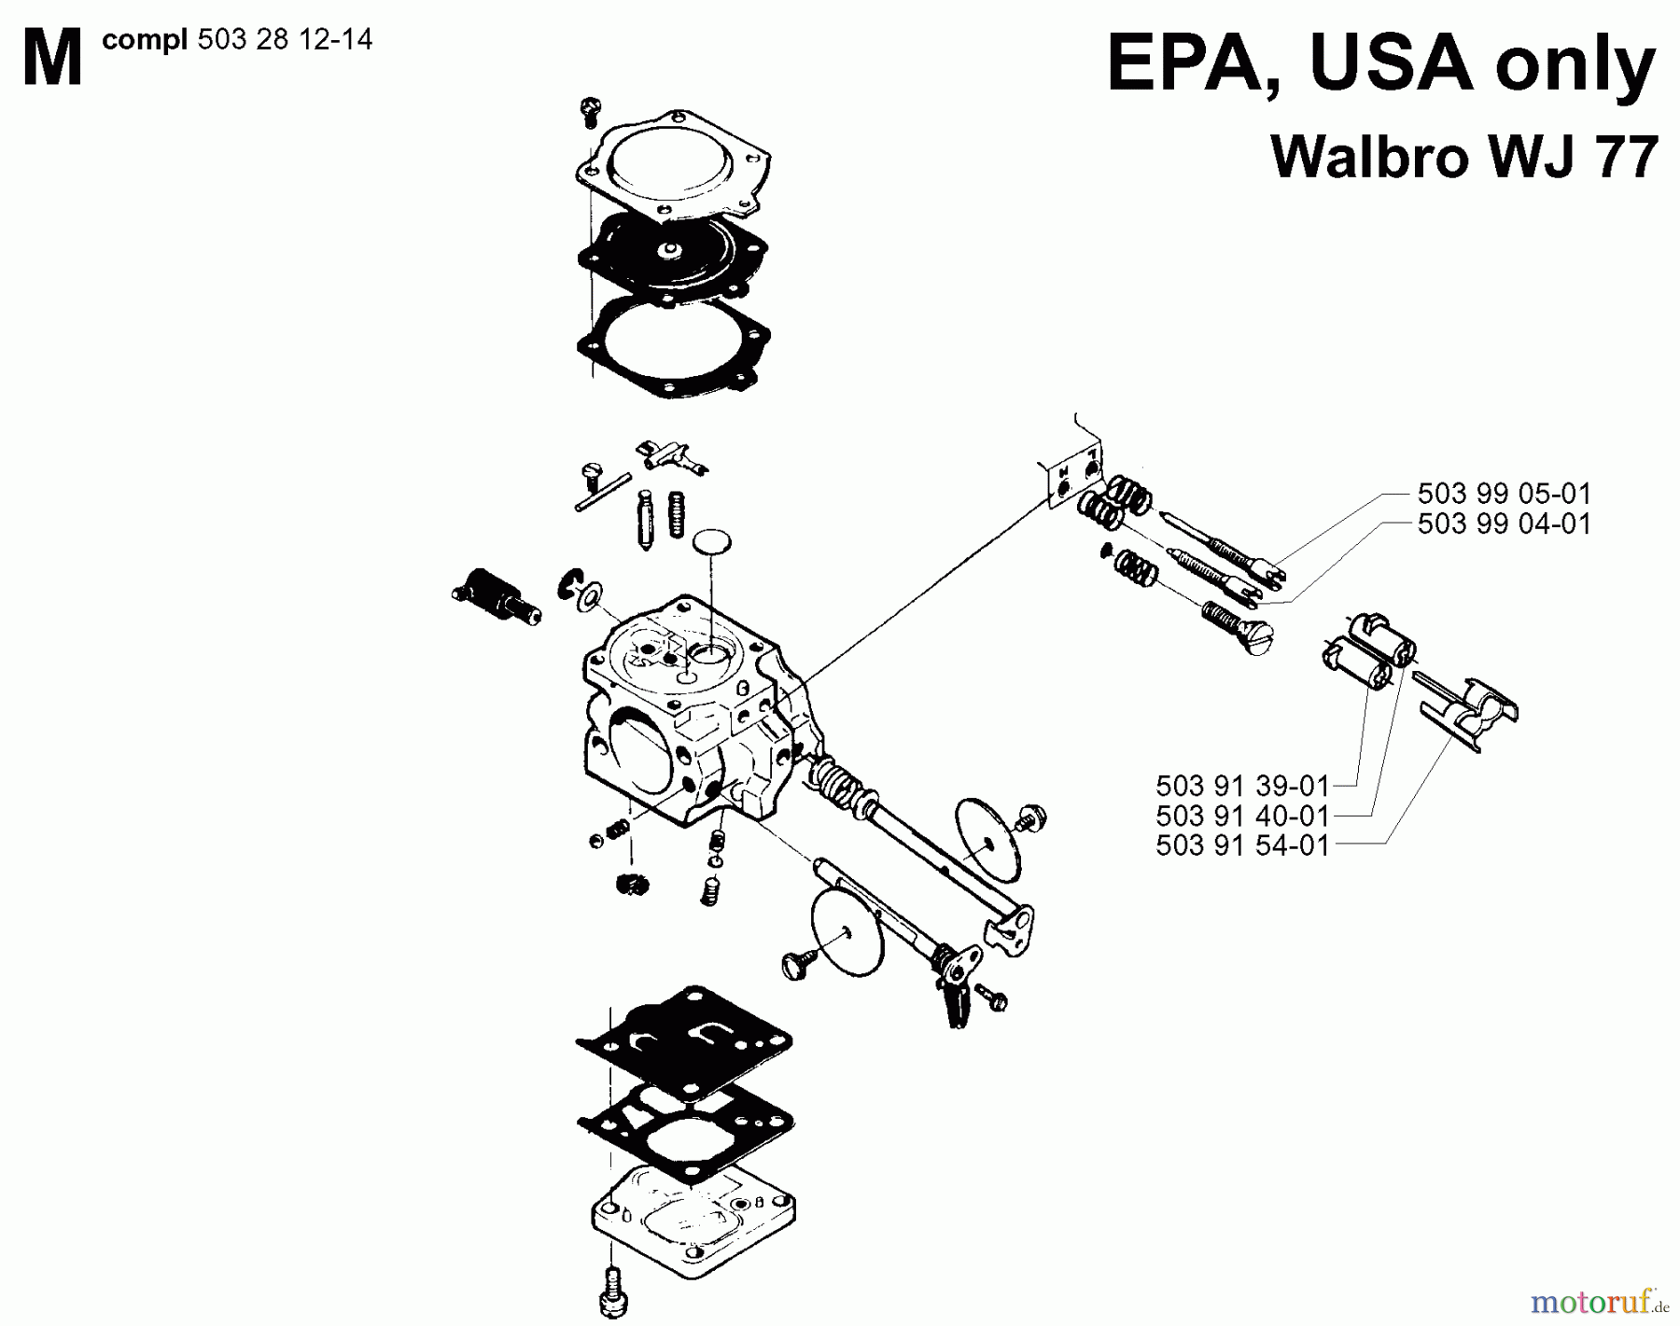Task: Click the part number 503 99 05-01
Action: point(1503,493)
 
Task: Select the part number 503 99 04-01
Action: point(1503,523)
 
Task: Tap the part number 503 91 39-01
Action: point(1241,785)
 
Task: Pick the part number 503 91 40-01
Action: point(1241,816)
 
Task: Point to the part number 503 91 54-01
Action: point(1241,845)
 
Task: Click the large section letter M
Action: point(51,58)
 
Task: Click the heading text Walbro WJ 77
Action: point(1463,156)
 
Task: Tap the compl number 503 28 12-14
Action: point(285,40)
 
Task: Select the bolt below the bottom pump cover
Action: point(611,1292)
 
